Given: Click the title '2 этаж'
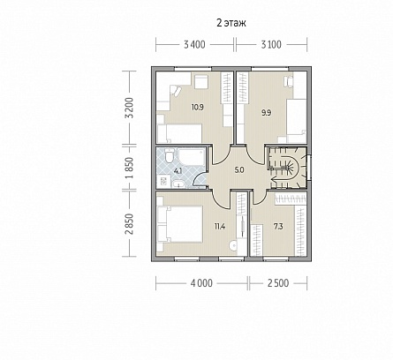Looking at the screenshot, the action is pos(231,23).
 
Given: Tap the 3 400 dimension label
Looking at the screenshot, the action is pos(194,45).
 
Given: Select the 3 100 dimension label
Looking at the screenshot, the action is pos(271,45).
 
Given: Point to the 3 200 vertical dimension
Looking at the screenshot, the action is pos(131,108).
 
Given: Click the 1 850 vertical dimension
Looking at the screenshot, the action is pos(131,168).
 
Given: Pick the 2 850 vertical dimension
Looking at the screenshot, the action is pos(131,224).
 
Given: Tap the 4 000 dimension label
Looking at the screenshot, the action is pos(201,283).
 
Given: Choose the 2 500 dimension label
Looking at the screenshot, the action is pos(278,283).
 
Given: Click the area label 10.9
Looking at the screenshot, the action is pos(198,107).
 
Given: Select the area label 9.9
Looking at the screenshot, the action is pos(267,113).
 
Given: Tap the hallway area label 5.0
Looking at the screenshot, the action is pos(239,169).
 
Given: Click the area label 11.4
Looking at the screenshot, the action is pos(220,227).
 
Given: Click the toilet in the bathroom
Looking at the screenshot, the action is pos(169,156).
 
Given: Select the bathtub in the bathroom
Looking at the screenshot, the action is pos(192,156).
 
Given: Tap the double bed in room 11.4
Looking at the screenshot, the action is pos(180,224).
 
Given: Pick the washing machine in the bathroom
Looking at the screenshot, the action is pos(163,182).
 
